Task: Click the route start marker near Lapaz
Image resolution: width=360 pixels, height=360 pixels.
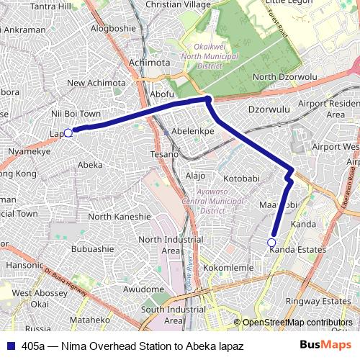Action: pyautogui.click(x=68, y=132)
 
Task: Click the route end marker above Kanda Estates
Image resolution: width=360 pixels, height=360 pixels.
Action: pyautogui.click(x=271, y=242)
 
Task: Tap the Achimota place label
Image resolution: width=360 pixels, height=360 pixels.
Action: pyautogui.click(x=149, y=63)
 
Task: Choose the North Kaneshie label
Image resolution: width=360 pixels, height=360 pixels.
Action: pyautogui.click(x=120, y=216)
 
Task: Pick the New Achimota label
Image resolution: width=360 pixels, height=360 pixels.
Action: pyautogui.click(x=96, y=84)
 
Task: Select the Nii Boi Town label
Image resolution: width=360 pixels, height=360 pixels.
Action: pyautogui.click(x=76, y=114)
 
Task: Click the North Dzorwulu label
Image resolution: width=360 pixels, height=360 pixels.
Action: pyautogui.click(x=285, y=77)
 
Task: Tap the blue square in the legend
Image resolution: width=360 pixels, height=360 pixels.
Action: pyautogui.click(x=9, y=346)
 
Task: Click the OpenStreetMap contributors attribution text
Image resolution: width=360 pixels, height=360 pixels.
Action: pyautogui.click(x=297, y=323)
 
